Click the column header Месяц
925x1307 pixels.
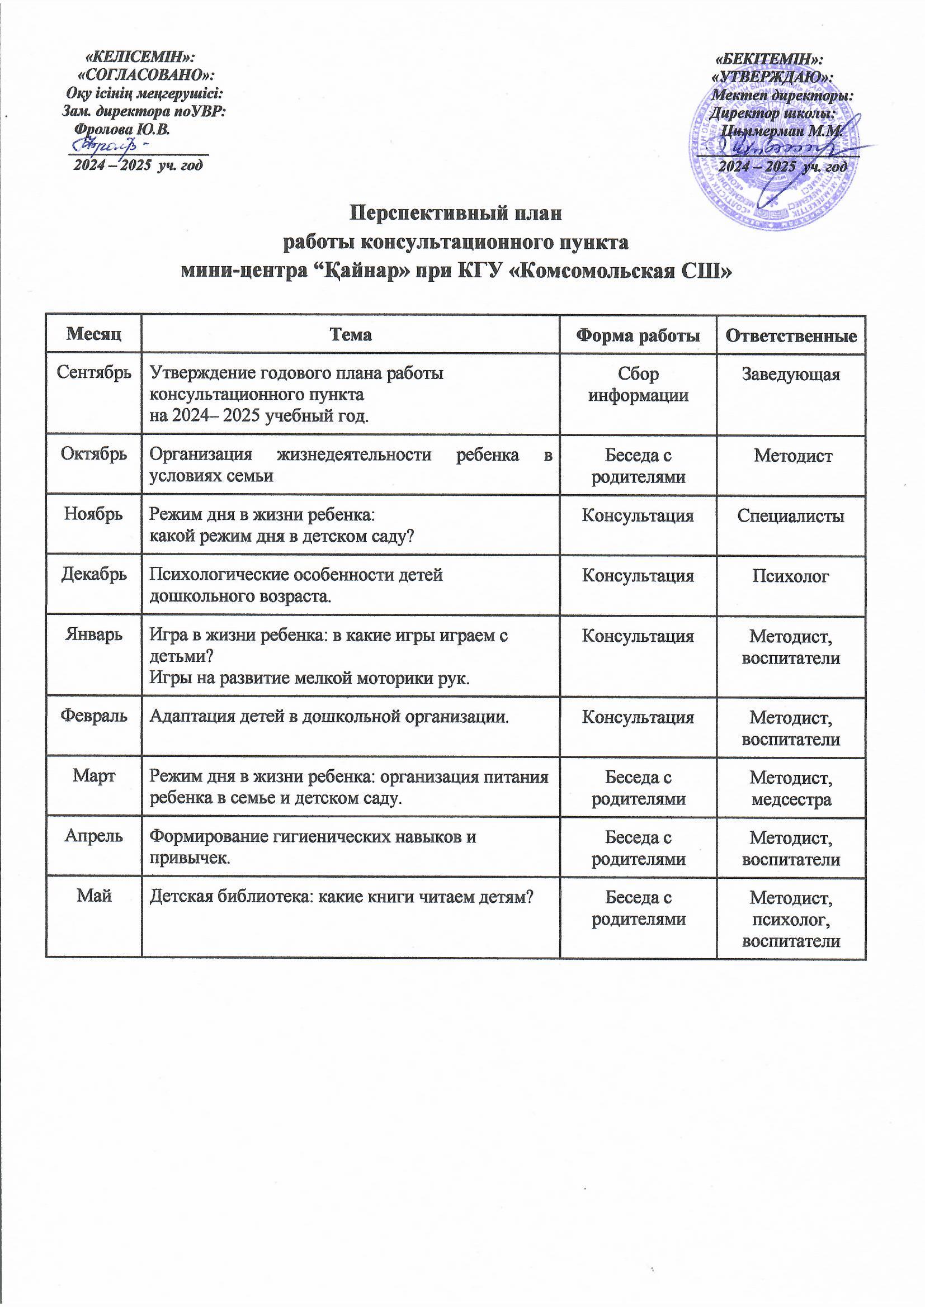93,334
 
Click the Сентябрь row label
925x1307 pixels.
94,373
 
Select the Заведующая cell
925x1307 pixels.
791,374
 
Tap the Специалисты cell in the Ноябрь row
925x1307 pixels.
791,516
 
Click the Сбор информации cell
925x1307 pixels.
638,384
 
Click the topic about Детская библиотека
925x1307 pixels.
340,897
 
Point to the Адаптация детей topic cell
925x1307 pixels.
329,716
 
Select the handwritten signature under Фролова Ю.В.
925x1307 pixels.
115,146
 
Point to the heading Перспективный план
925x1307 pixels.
455,214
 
